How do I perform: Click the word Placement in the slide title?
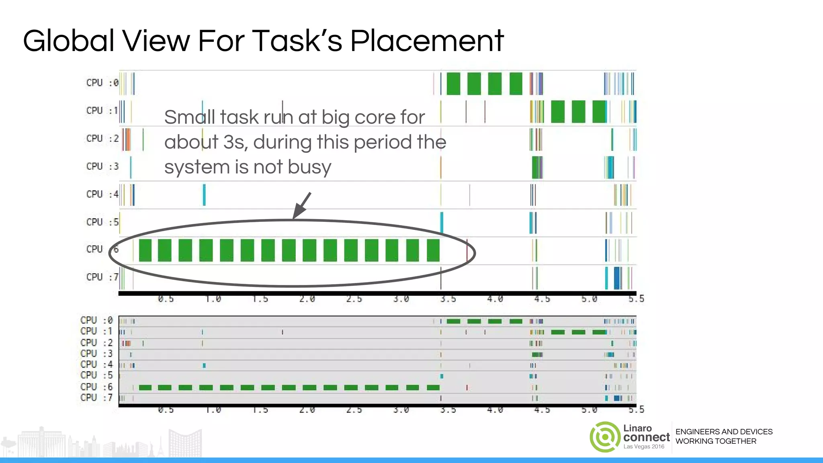[x=427, y=41]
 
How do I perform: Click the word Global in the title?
[x=69, y=41]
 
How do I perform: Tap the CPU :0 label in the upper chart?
[x=102, y=83]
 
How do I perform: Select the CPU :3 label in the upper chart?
[x=102, y=166]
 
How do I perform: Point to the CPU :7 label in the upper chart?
[x=102, y=277]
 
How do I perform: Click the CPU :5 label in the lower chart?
[x=96, y=375]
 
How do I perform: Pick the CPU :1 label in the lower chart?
[x=96, y=331]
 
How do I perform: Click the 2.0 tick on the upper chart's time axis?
[x=307, y=299]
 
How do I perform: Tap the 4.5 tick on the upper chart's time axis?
[x=542, y=299]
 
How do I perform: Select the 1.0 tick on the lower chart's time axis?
[x=213, y=410]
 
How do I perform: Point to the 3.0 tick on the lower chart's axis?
[x=401, y=410]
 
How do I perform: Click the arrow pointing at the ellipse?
[x=302, y=205]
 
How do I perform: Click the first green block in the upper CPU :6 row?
[x=145, y=250]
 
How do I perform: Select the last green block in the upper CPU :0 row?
[x=516, y=84]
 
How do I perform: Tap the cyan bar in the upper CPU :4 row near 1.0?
[x=204, y=195]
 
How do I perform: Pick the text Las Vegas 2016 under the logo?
[x=644, y=447]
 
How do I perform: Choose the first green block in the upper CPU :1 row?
[x=558, y=112]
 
